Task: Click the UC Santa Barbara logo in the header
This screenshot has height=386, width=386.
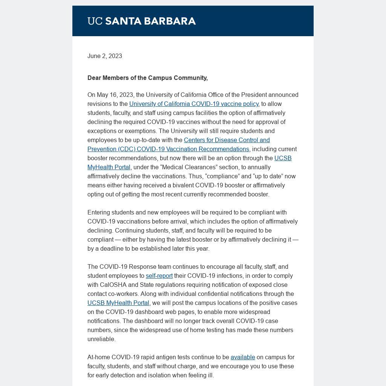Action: click(x=141, y=21)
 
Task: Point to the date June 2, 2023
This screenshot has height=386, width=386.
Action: click(x=105, y=56)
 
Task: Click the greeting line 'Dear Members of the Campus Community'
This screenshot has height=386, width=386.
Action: click(x=147, y=78)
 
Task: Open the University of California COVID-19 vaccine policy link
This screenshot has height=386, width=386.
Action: click(x=194, y=104)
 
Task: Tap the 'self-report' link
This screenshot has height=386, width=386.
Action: click(x=159, y=276)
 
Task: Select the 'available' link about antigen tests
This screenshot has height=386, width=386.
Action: click(x=243, y=357)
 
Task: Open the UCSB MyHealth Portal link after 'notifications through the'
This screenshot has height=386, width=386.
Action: click(x=118, y=303)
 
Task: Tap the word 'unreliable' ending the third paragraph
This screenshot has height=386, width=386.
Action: click(x=101, y=339)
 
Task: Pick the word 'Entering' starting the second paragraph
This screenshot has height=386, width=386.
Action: click(x=99, y=212)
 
